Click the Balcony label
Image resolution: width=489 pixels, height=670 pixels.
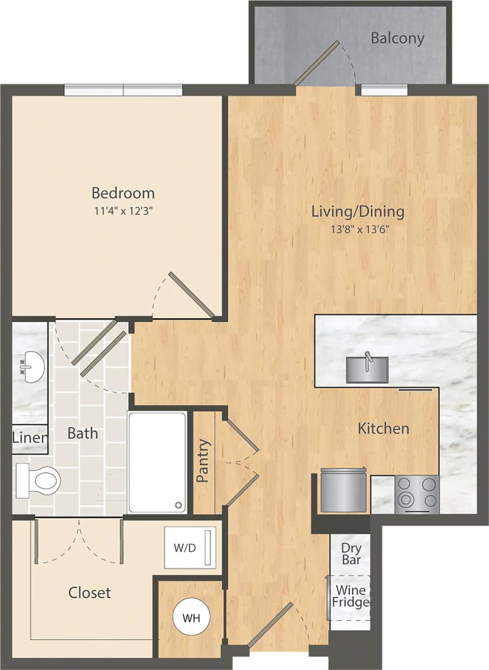(397, 38)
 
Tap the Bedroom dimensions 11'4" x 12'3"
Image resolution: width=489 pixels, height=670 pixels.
(123, 211)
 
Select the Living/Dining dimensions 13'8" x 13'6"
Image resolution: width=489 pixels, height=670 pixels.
(358, 229)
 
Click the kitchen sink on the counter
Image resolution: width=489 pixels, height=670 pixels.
(367, 369)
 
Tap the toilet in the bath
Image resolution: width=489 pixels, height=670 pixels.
(39, 481)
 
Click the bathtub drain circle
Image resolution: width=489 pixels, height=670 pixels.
(179, 505)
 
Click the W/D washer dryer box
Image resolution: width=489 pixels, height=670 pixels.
(190, 548)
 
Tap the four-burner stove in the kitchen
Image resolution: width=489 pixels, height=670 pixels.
(417, 494)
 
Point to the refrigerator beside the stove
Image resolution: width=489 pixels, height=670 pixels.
(343, 491)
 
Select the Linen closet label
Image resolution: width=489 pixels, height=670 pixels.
(30, 438)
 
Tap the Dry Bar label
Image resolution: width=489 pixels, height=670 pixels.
(351, 553)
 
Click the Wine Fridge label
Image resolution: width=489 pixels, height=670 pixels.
(350, 596)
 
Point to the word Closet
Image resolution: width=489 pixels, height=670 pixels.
(90, 593)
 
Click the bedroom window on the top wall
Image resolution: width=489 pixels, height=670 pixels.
(124, 90)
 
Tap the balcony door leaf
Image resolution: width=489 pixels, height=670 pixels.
(316, 63)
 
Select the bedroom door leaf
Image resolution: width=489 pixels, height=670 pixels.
(191, 295)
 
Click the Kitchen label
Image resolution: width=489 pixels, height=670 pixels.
(383, 428)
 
